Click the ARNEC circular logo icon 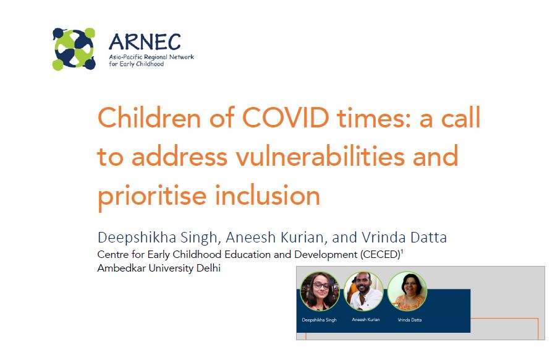pos(74,48)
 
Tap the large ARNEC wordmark pos(145,42)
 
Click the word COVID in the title pos(286,118)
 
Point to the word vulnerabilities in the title pos(321,156)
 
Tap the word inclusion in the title pos(268,195)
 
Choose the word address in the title pos(179,156)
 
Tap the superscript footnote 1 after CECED pos(402,252)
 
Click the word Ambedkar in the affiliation pos(121,268)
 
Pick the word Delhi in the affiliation pos(208,268)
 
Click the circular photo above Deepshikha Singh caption pos(320,291)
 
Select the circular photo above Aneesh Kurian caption pos(363,291)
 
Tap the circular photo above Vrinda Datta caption pos(407,291)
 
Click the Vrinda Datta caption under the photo pos(410,320)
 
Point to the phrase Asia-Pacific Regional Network pos(151,57)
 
